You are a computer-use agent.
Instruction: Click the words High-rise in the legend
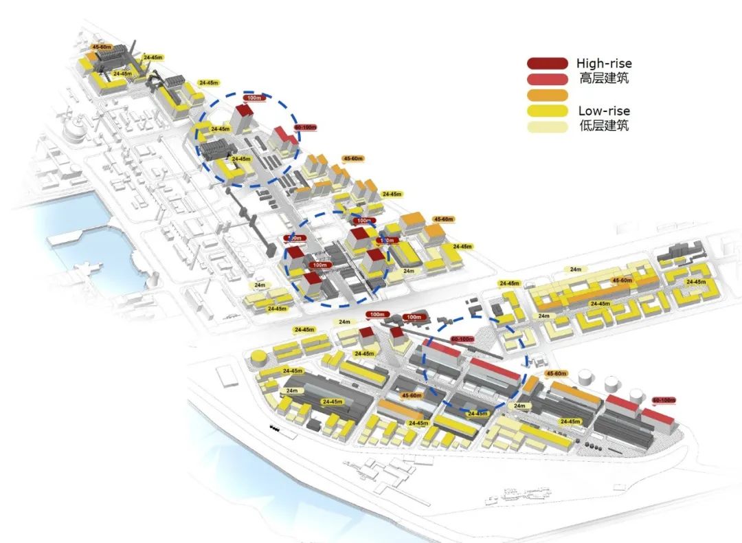(x=604, y=64)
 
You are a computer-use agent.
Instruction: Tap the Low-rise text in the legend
(x=604, y=111)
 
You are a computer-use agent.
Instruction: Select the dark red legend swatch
(x=548, y=64)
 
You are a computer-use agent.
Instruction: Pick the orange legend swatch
(x=548, y=95)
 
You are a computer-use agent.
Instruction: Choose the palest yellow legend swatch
(x=548, y=126)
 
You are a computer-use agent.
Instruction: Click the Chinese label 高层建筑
(x=604, y=78)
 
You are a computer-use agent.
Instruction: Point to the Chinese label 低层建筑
(x=604, y=126)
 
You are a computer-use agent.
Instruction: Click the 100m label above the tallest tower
(x=254, y=98)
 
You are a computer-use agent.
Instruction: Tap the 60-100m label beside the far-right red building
(x=664, y=399)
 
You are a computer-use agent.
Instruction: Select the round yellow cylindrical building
(x=258, y=358)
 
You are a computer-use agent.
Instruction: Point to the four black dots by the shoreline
(x=275, y=428)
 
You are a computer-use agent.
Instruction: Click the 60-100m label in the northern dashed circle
(x=305, y=127)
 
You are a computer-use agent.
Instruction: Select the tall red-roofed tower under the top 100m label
(x=244, y=118)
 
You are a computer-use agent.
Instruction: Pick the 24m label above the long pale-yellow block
(x=575, y=269)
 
